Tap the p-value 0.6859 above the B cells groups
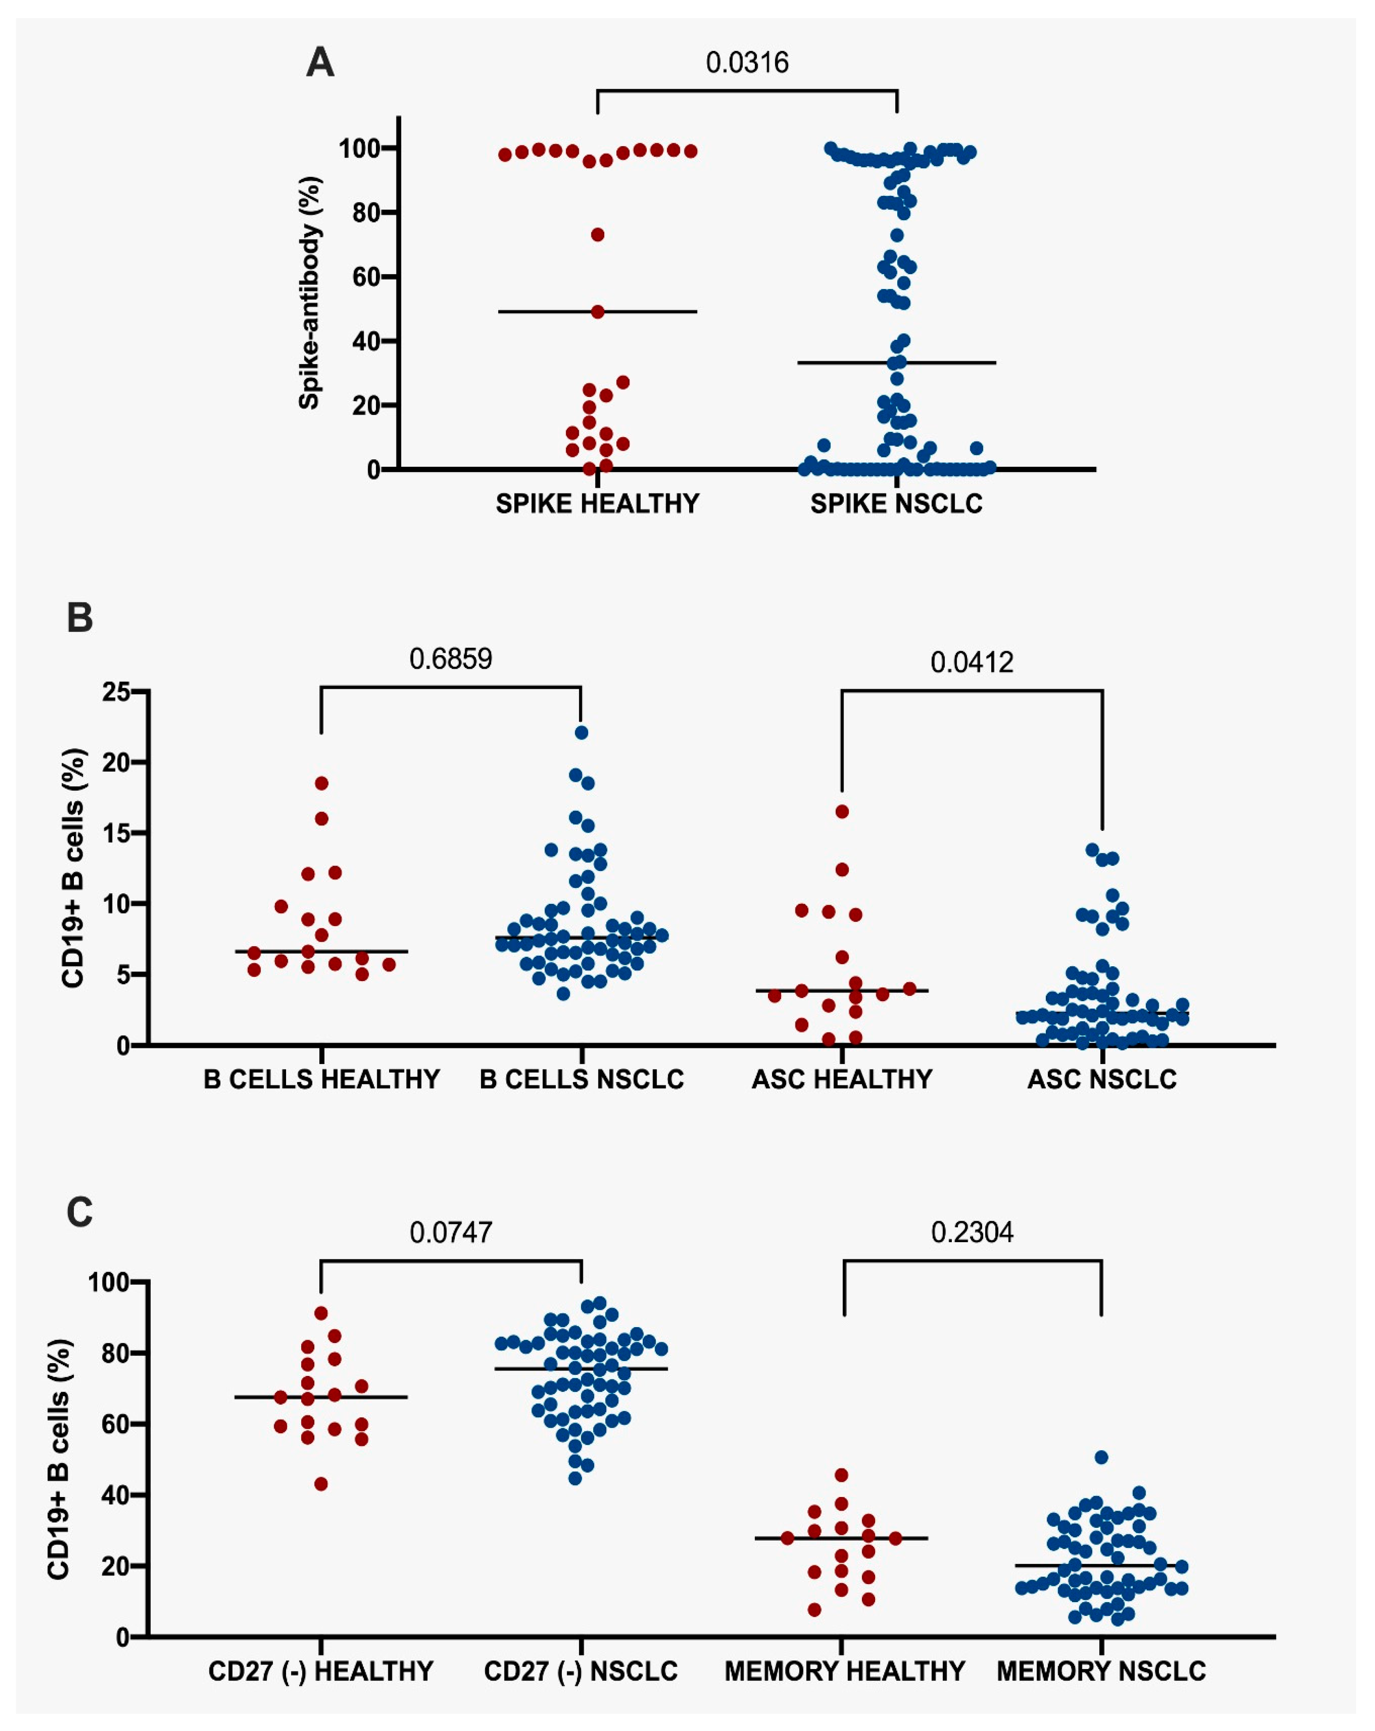pyautogui.click(x=450, y=659)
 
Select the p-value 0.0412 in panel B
pyautogui.click(x=971, y=663)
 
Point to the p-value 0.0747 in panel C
pyautogui.click(x=450, y=1232)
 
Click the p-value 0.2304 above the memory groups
pyautogui.click(x=971, y=1232)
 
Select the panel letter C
pyautogui.click(x=80, y=1212)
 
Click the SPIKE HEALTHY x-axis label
pyautogui.click(x=597, y=504)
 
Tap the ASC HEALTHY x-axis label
pyautogui.click(x=841, y=1079)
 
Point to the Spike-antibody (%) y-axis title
pyautogui.click(x=310, y=293)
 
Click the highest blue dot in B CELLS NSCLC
pyautogui.click(x=581, y=732)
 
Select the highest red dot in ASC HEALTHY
pyautogui.click(x=842, y=812)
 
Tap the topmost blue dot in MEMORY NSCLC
pyautogui.click(x=1101, y=1457)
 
